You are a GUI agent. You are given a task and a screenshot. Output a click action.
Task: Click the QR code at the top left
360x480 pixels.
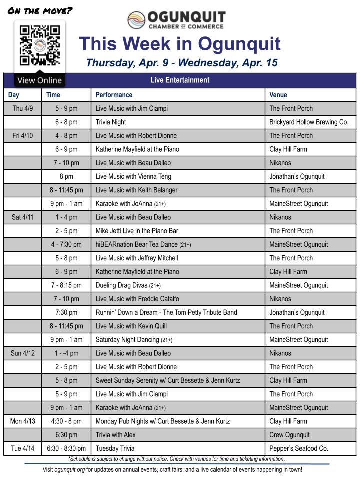39,46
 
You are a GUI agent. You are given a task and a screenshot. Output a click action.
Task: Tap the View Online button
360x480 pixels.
39,80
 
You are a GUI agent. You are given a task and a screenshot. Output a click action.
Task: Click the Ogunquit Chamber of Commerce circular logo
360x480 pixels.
136,20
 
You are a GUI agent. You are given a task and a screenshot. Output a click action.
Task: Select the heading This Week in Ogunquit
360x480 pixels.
179,44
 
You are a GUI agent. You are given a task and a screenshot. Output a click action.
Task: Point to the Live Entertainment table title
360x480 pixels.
180,80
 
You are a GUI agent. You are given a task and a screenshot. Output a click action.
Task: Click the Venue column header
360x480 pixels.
278,95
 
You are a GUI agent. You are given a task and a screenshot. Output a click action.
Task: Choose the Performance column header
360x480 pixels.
114,95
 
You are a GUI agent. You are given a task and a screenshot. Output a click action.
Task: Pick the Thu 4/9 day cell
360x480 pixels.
23,108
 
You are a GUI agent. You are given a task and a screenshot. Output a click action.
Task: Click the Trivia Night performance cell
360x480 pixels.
111,122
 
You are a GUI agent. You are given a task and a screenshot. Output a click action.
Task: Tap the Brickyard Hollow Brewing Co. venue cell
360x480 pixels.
309,122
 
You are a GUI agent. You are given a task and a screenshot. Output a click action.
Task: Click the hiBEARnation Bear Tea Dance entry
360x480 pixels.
143,244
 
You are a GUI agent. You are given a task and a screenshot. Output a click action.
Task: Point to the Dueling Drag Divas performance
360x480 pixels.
128,285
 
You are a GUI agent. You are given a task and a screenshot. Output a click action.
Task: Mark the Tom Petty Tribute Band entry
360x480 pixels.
166,312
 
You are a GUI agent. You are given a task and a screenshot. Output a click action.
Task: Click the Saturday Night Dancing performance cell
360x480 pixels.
134,340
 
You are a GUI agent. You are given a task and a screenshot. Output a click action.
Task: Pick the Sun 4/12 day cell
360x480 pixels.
23,353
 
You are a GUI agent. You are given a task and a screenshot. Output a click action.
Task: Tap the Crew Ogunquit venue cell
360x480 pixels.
289,435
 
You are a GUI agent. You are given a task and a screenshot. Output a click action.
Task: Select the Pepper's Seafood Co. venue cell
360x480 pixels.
299,448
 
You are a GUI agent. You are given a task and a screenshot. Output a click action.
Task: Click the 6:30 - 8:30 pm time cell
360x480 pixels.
66,448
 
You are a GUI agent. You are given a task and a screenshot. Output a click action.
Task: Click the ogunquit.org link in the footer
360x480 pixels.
70,470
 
